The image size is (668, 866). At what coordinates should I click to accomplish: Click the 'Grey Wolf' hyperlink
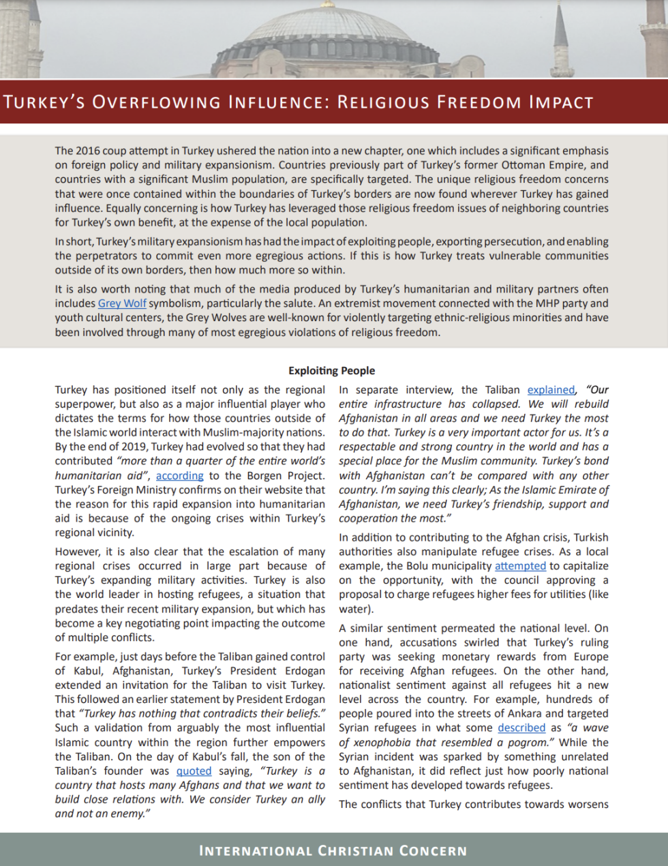click(122, 303)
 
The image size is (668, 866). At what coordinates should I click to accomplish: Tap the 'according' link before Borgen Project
click(179, 476)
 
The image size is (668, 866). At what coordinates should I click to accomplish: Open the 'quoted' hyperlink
click(194, 771)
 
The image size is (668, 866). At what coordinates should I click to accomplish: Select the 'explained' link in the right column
click(551, 390)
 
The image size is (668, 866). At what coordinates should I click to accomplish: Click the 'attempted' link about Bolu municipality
click(520, 566)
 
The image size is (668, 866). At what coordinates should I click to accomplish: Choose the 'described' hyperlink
click(521, 728)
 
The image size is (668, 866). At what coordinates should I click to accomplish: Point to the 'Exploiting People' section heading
click(332, 371)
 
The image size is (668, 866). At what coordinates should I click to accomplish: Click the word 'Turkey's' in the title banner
click(44, 103)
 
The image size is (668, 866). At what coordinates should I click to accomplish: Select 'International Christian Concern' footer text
click(333, 851)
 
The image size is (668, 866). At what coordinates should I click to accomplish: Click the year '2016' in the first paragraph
click(87, 151)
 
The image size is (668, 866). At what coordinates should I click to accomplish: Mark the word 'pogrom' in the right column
click(528, 743)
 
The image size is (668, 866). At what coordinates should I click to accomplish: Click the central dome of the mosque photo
click(327, 34)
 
